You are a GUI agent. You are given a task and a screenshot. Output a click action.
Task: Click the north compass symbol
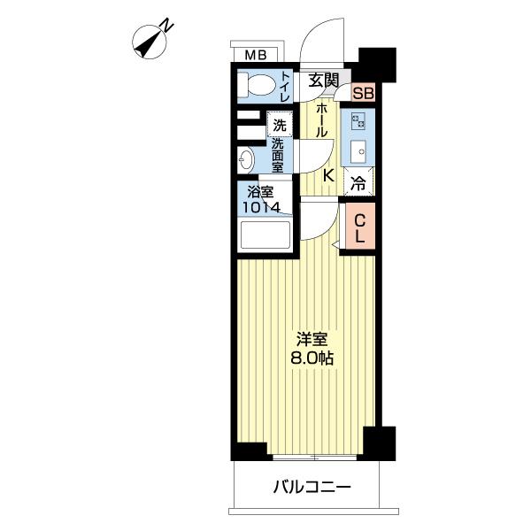[150, 41]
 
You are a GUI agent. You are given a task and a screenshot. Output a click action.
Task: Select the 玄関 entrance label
[324, 80]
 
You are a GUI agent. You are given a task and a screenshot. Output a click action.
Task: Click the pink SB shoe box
[363, 93]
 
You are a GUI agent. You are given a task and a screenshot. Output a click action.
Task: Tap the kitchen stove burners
[360, 120]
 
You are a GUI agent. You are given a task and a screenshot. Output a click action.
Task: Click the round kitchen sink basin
[360, 151]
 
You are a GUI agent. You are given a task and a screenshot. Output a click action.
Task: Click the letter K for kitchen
[327, 174]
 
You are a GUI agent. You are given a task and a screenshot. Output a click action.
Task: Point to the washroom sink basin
[247, 160]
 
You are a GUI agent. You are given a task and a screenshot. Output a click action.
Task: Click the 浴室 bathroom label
[260, 191]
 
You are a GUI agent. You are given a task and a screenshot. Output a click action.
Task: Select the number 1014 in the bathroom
[261, 207]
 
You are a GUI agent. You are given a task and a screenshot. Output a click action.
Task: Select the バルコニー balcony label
[312, 486]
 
